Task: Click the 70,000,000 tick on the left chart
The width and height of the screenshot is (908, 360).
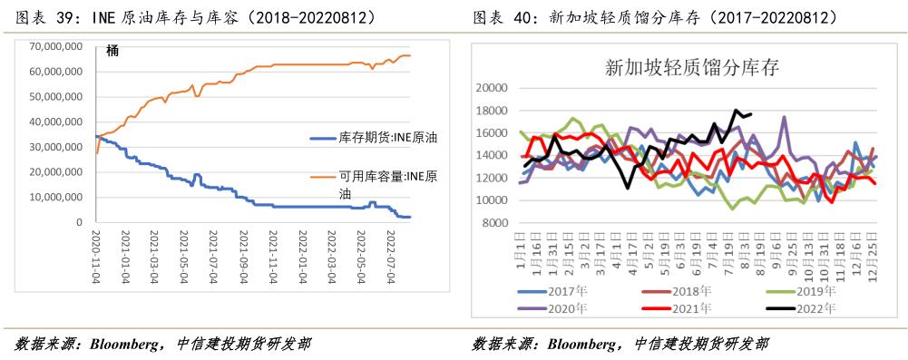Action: pos(56,45)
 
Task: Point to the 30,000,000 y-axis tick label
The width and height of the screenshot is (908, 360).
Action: pos(56,147)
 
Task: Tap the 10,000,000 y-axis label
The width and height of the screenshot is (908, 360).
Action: pos(56,197)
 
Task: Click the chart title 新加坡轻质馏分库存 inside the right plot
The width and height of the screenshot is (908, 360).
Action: pos(686,67)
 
